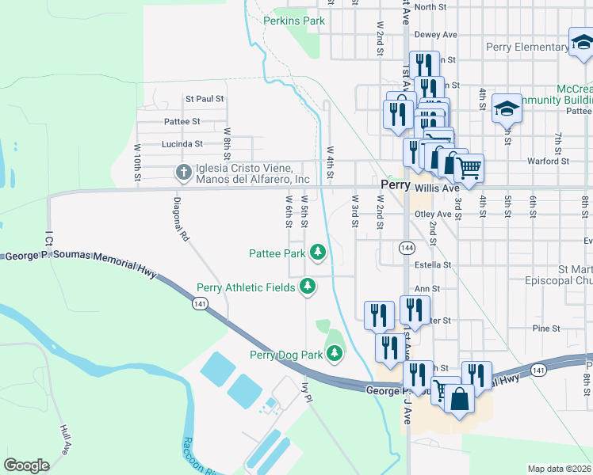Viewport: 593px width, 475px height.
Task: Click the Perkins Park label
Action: point(294,21)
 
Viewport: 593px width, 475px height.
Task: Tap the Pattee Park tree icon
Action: point(318,253)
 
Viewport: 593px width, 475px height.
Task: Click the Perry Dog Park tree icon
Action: point(335,354)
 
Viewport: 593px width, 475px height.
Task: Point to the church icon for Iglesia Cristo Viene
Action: point(182,172)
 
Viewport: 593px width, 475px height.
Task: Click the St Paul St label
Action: point(205,99)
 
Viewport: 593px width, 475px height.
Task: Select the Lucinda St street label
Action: point(182,144)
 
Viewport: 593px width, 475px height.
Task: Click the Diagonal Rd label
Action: point(183,218)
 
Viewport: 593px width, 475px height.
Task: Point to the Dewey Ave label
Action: point(437,35)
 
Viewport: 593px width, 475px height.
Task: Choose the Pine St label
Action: point(546,328)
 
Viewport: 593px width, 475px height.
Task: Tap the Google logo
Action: point(26,465)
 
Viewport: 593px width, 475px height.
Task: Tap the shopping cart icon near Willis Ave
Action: point(469,168)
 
